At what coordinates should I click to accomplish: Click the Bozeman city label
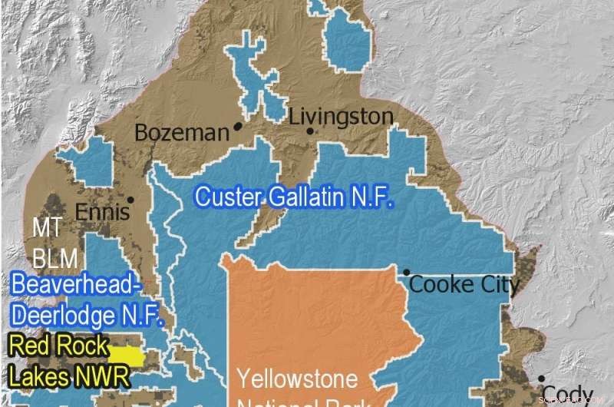181,133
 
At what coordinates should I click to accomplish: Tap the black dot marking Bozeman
238,125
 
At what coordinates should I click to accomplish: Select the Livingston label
341,117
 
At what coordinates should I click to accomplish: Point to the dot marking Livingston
310,131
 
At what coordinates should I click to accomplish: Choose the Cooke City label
464,285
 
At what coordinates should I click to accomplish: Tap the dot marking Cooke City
406,273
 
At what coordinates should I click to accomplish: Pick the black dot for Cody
541,379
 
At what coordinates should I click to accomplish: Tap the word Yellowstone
297,379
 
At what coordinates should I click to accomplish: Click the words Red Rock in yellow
58,346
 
